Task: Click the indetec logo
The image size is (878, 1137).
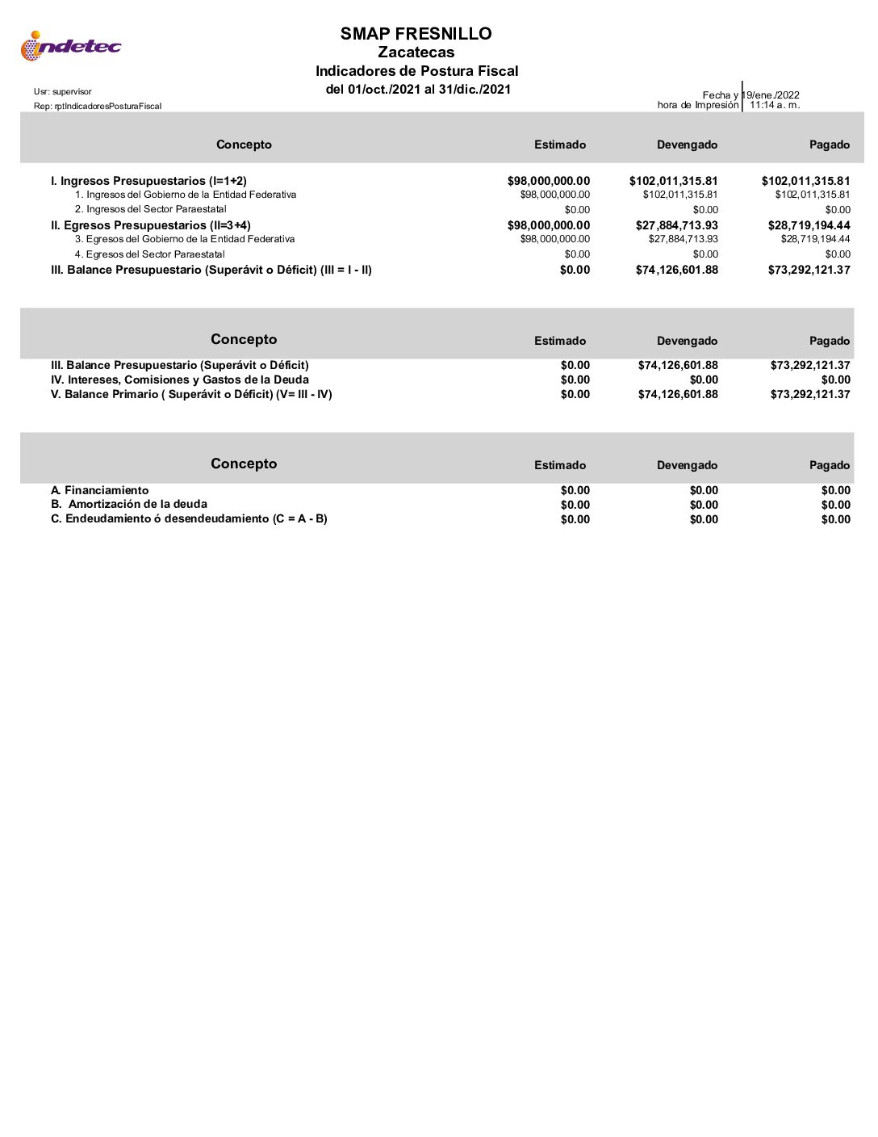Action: [x=71, y=46]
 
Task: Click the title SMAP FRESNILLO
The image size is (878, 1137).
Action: [x=416, y=33]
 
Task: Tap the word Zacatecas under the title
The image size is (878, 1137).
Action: [x=416, y=52]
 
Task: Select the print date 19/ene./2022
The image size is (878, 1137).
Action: [x=772, y=94]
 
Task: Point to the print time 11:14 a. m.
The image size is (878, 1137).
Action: [x=775, y=105]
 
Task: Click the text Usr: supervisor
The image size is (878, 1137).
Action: [x=63, y=92]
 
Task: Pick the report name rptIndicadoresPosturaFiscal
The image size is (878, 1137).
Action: [x=98, y=107]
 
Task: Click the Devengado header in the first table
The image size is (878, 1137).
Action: [x=687, y=145]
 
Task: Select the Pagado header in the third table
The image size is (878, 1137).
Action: [x=830, y=465]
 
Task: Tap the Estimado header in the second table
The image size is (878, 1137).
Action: [x=560, y=341]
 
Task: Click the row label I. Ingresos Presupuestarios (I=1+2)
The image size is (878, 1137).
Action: [x=148, y=181]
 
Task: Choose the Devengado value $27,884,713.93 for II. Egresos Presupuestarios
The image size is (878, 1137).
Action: [x=676, y=225]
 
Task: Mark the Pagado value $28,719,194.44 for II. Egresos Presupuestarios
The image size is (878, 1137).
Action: [x=809, y=225]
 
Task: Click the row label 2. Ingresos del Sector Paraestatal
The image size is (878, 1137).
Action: [x=150, y=209]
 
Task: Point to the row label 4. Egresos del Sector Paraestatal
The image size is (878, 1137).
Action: [x=149, y=254]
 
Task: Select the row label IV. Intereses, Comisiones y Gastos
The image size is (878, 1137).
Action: [x=179, y=380]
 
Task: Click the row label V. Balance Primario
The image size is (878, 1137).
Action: [x=191, y=394]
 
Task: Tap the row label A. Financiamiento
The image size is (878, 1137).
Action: [x=99, y=490]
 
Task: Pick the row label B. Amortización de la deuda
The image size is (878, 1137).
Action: [x=129, y=504]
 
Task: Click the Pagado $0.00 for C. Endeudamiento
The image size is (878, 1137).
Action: [x=835, y=519]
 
